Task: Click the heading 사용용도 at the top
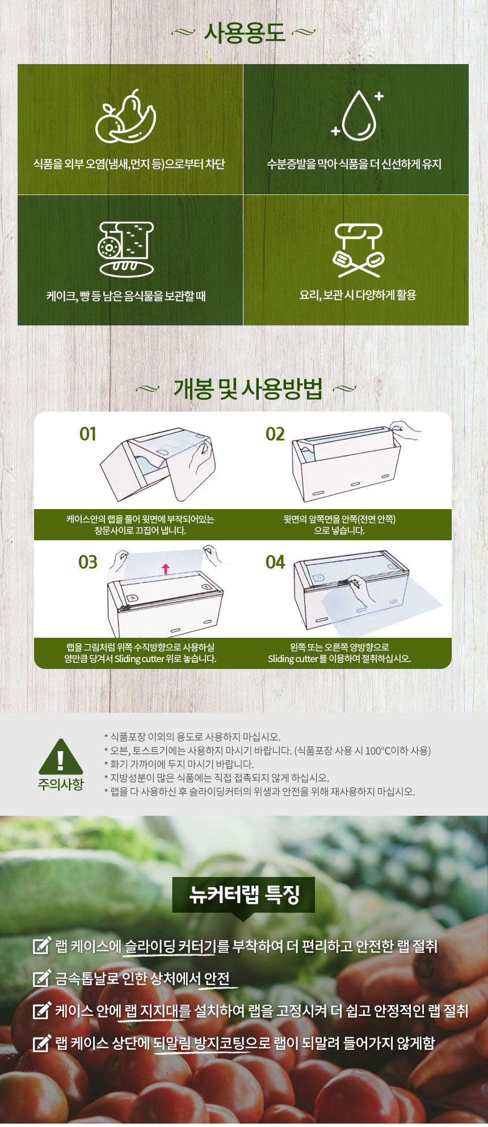[244, 33]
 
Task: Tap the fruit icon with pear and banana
[125, 116]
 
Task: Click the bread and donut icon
[126, 248]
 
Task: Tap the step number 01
[88, 434]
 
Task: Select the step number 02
[275, 434]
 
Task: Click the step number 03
[88, 562]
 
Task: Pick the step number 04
[275, 562]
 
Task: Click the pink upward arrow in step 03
[166, 569]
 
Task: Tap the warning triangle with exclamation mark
[61, 757]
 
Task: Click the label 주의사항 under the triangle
[61, 785]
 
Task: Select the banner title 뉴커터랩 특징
[244, 895]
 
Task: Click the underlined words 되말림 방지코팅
[200, 1043]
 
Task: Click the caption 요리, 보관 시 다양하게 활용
[358, 295]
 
